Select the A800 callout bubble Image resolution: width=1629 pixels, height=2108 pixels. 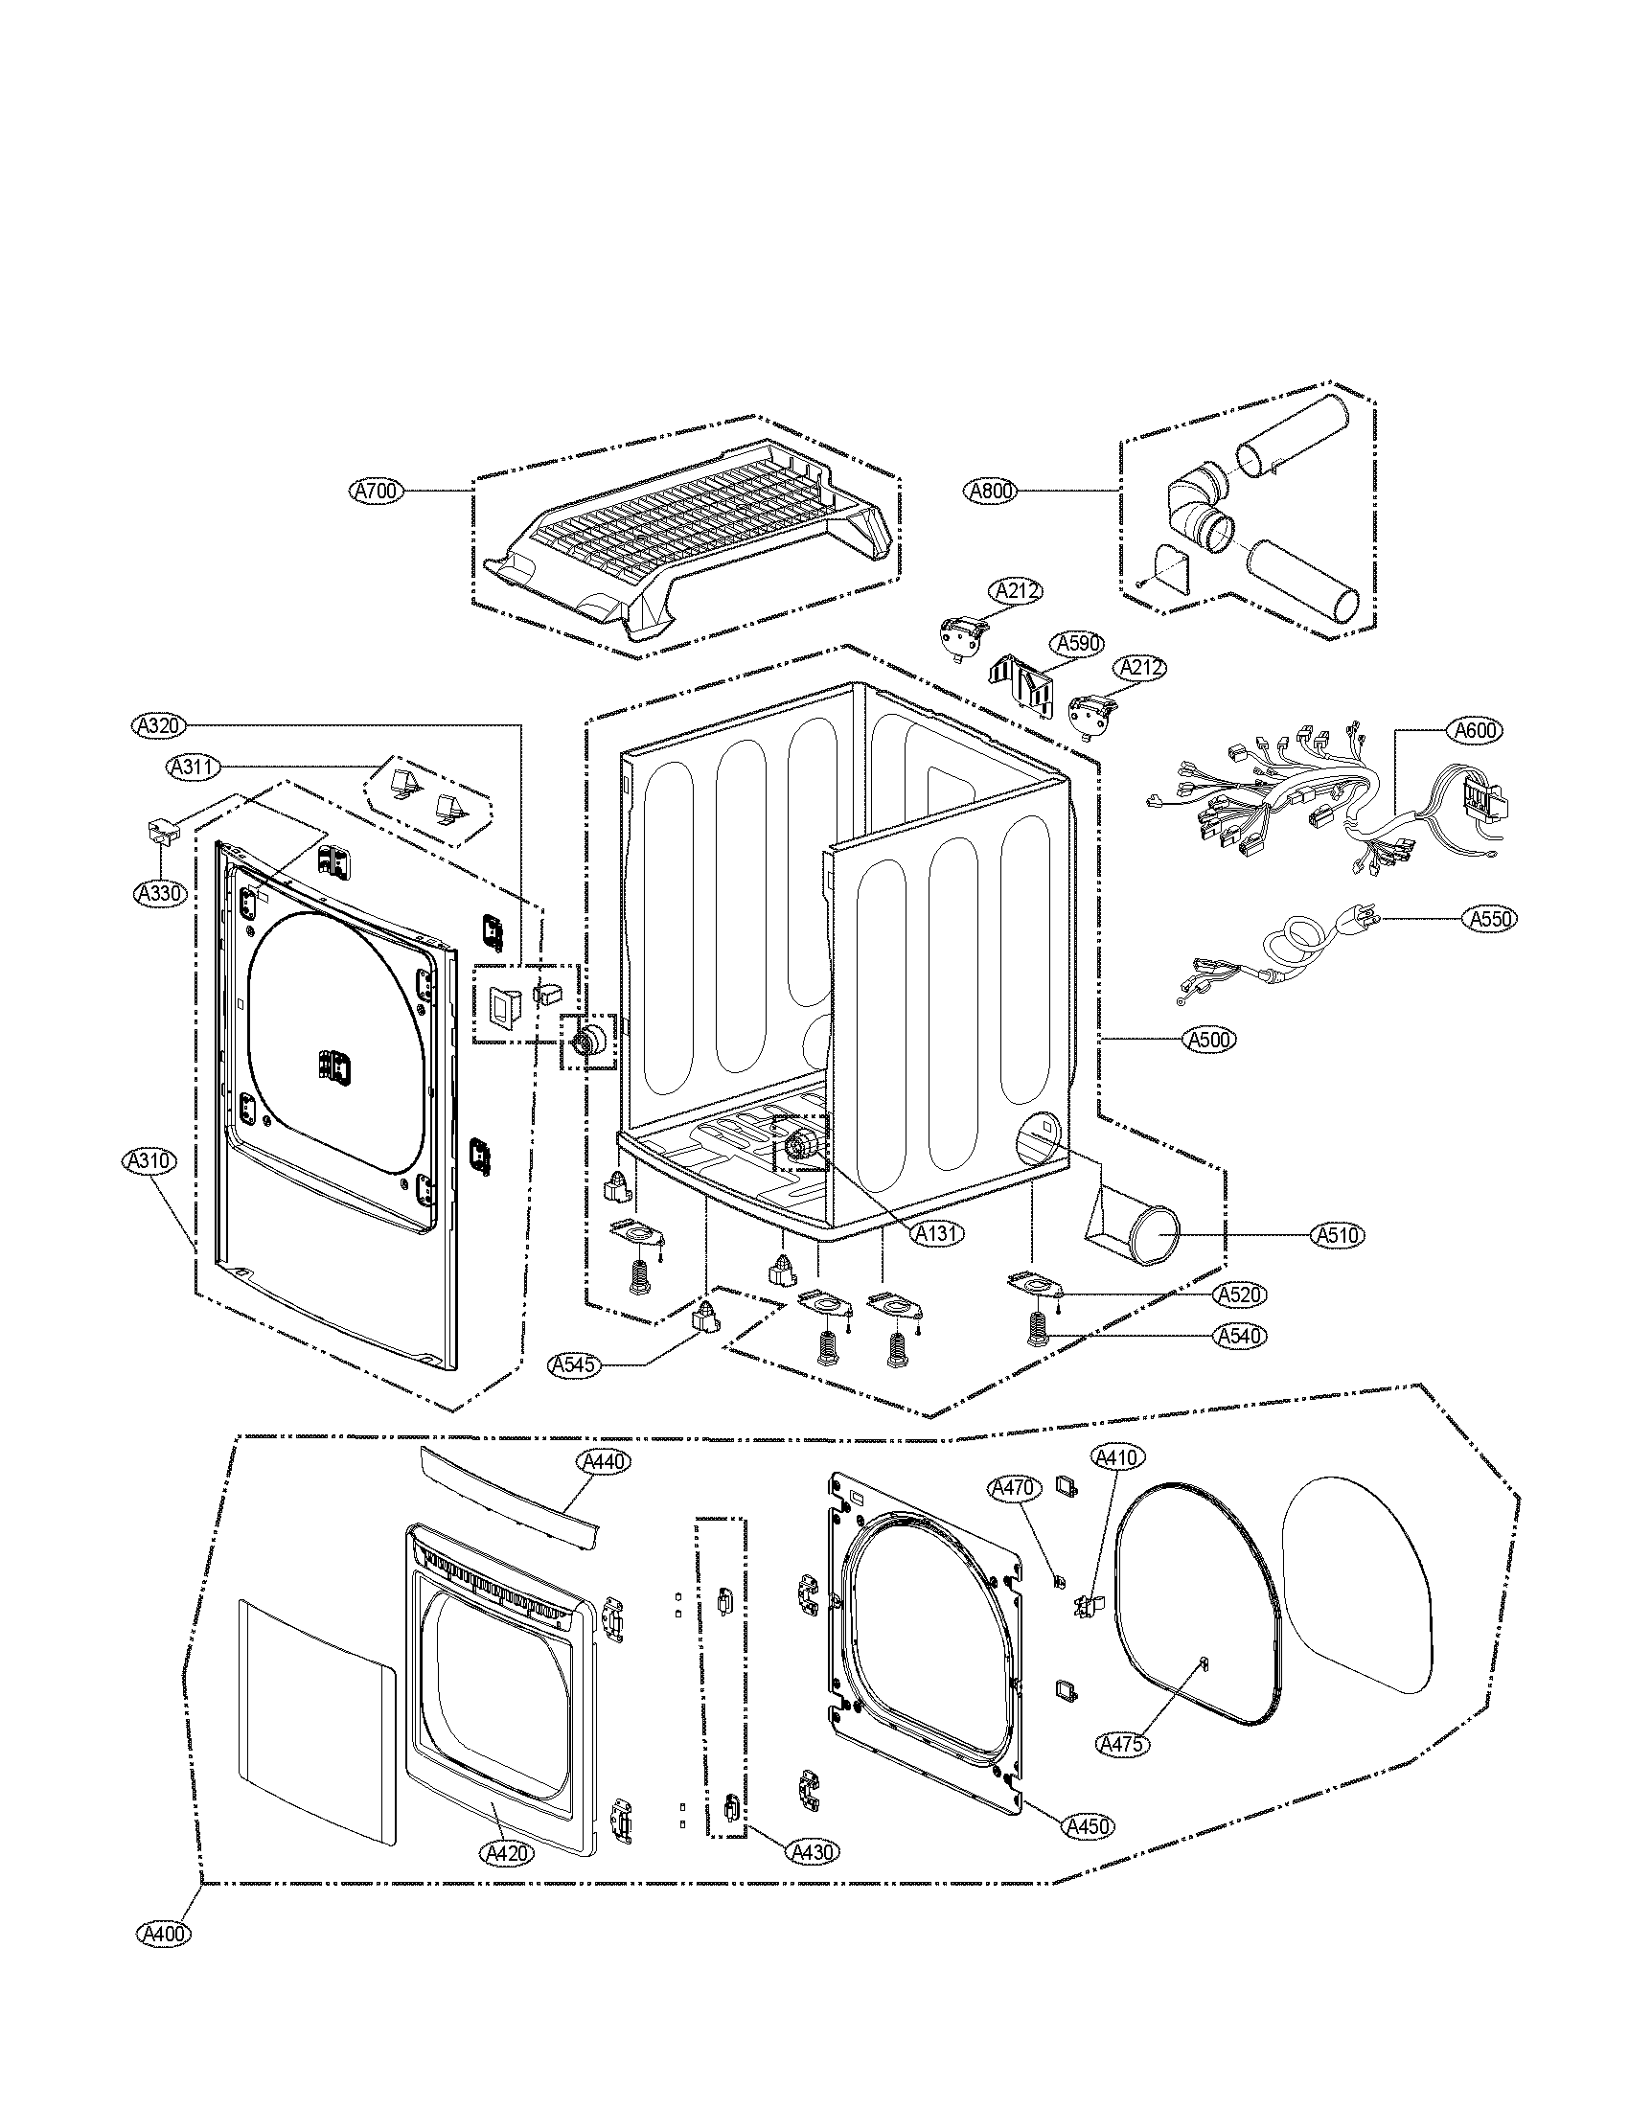pyautogui.click(x=990, y=491)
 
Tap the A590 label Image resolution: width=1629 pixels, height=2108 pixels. pyautogui.click(x=1078, y=643)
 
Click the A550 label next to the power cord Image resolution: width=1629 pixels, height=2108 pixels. pyautogui.click(x=1489, y=918)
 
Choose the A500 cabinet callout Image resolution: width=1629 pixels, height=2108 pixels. pyautogui.click(x=1208, y=1040)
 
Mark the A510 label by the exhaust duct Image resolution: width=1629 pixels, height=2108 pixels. pyautogui.click(x=1339, y=1233)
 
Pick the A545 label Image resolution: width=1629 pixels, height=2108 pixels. pyautogui.click(x=573, y=1364)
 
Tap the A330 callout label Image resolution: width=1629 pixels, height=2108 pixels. pyautogui.click(x=158, y=893)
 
